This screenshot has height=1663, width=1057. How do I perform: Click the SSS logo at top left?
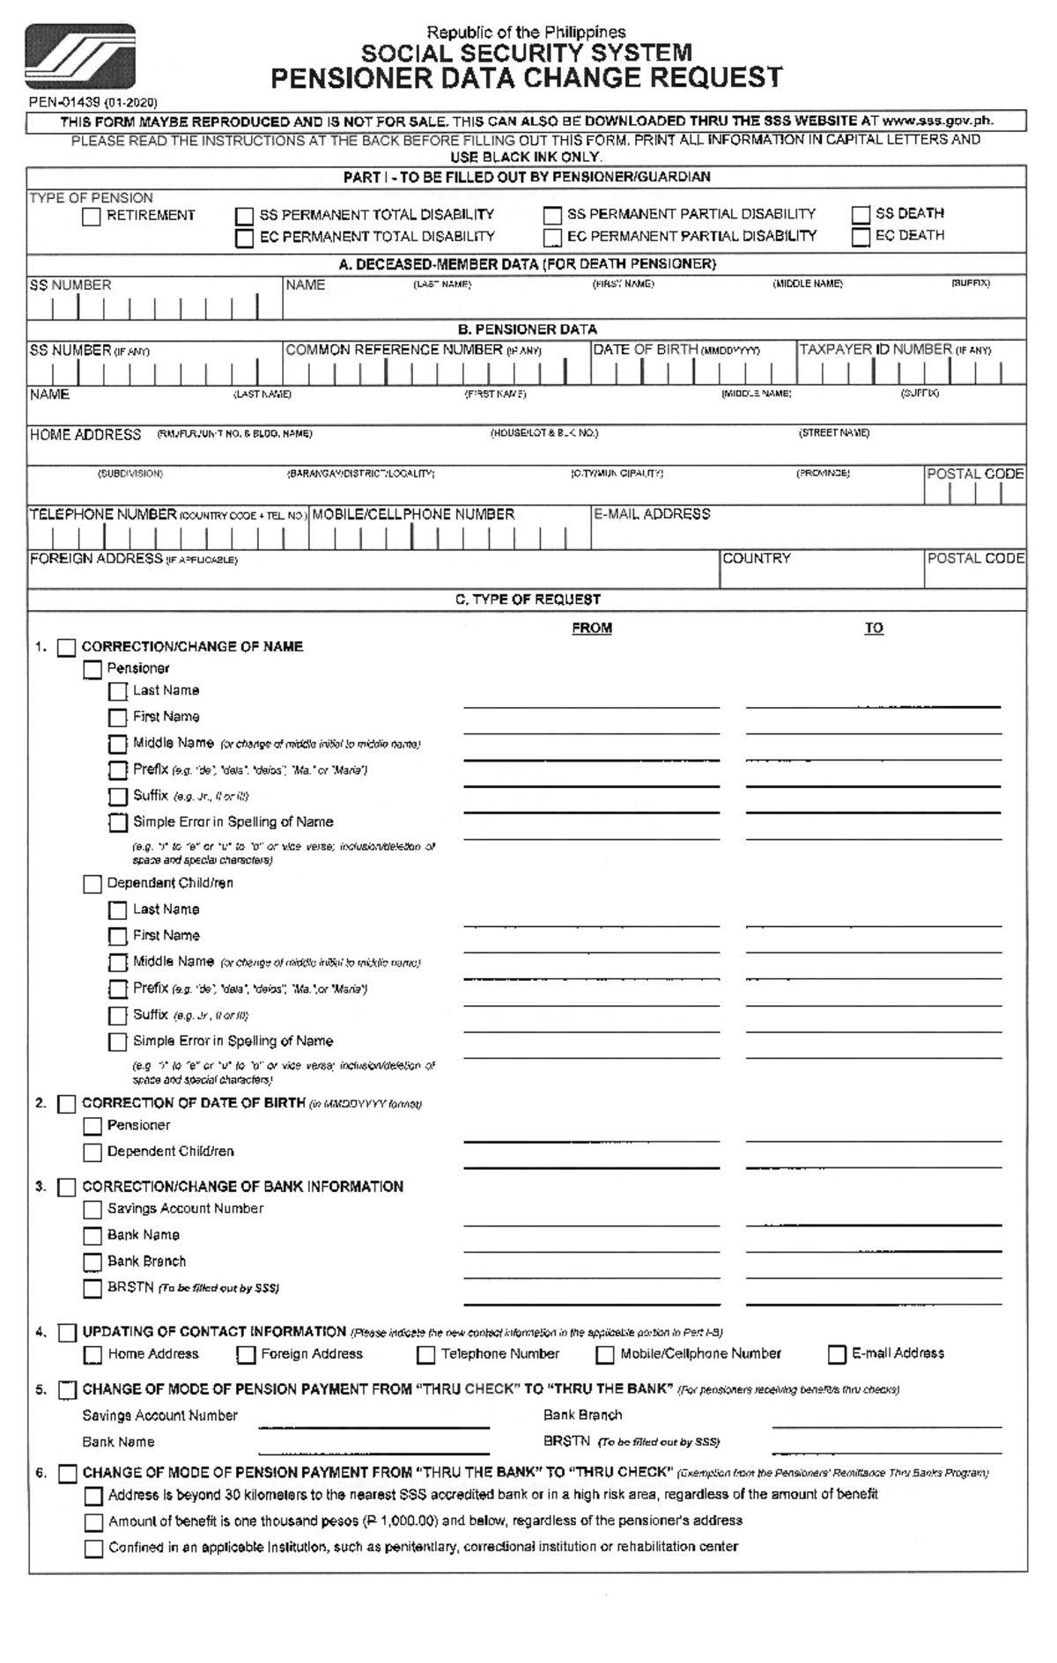pyautogui.click(x=80, y=57)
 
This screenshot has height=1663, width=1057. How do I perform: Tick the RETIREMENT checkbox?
pyautogui.click(x=92, y=217)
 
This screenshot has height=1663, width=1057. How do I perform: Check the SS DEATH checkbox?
pyautogui.click(x=861, y=215)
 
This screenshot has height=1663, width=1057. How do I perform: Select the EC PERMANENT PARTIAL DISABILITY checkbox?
pyautogui.click(x=552, y=238)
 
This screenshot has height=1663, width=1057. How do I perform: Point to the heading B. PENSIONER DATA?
pyautogui.click(x=527, y=329)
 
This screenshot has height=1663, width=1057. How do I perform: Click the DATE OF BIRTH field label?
pyautogui.click(x=646, y=350)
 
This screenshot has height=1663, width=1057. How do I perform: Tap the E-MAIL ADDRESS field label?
pyautogui.click(x=652, y=514)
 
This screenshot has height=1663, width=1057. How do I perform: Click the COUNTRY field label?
pyautogui.click(x=757, y=558)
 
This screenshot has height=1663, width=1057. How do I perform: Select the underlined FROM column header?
pyautogui.click(x=592, y=629)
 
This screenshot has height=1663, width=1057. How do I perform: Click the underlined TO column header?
pyautogui.click(x=873, y=629)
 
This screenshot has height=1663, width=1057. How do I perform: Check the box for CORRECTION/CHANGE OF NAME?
pyautogui.click(x=67, y=648)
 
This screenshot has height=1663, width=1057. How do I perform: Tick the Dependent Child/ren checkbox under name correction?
pyautogui.click(x=92, y=884)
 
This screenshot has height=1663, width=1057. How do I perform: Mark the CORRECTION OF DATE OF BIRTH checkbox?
pyautogui.click(x=67, y=1104)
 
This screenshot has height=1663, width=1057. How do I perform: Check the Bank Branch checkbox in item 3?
pyautogui.click(x=92, y=1262)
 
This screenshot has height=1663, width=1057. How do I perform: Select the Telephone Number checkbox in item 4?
pyautogui.click(x=426, y=1355)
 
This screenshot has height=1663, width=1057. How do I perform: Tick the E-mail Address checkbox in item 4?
pyautogui.click(x=837, y=1354)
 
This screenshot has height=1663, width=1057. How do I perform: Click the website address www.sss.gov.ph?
pyautogui.click(x=937, y=121)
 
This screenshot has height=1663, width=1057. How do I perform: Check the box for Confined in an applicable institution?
pyautogui.click(x=93, y=1549)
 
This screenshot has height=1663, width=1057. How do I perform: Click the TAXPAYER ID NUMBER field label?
pyautogui.click(x=876, y=350)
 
